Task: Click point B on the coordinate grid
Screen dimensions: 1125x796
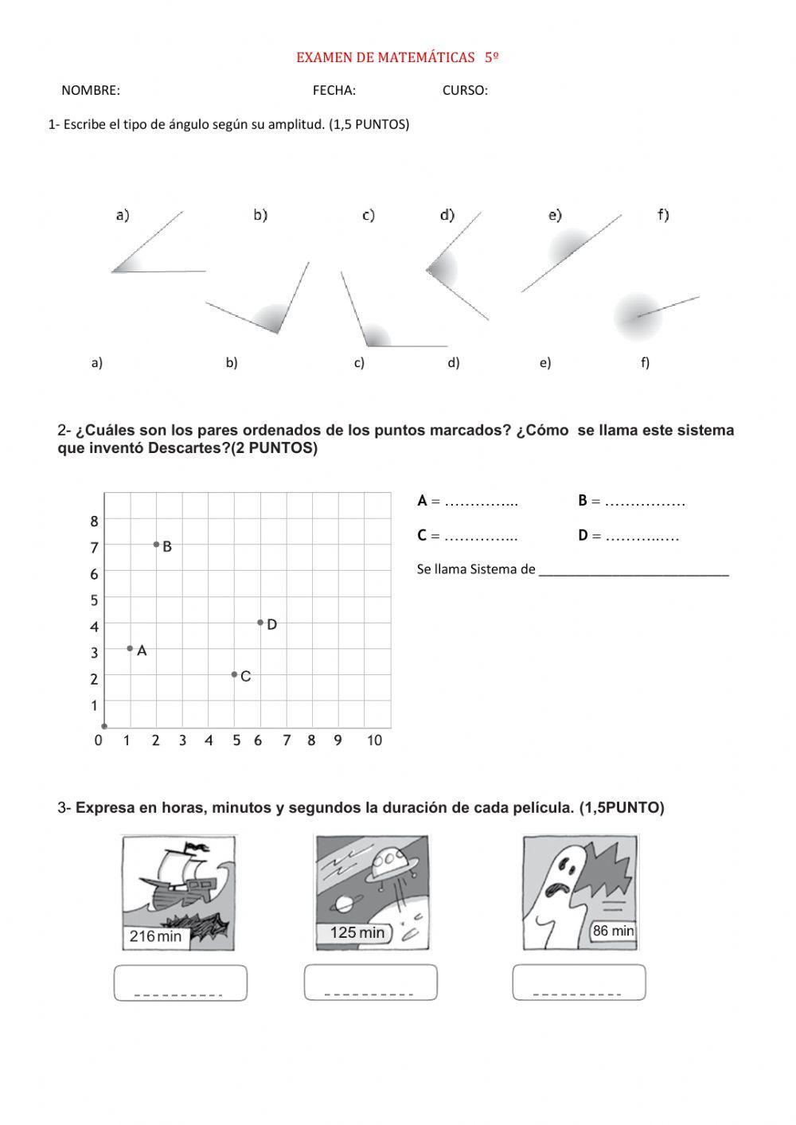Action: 157,545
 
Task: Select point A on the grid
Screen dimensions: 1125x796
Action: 130,648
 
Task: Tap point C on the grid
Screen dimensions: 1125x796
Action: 234,674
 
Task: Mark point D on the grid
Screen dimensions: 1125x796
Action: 260,622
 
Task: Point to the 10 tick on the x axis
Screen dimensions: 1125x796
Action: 374,740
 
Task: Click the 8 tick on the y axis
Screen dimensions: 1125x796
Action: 94,521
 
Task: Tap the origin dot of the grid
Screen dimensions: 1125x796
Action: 104,726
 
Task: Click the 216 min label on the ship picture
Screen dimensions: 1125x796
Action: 155,936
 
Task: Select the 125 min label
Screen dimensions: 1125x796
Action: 357,932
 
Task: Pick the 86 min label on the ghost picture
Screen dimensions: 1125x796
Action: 613,931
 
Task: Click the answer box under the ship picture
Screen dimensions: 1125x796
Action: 180,982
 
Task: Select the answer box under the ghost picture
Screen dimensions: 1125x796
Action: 579,982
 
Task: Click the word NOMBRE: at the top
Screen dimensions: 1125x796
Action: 91,91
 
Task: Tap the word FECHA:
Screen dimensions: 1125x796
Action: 334,91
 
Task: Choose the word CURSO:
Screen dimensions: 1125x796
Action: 465,91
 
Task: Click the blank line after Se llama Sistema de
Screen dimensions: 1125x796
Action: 634,570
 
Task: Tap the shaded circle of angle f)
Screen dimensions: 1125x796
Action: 638,316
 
